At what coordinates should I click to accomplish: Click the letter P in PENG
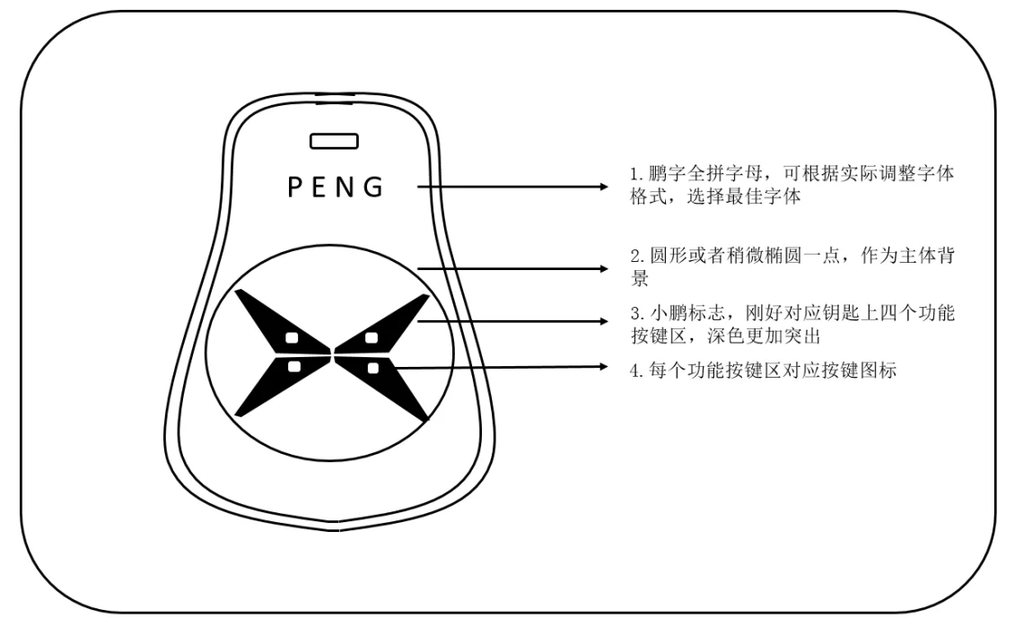tap(293, 187)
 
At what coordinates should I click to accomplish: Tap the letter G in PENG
tap(373, 187)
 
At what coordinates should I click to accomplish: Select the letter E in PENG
tap(318, 187)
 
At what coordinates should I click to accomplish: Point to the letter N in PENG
tap(345, 187)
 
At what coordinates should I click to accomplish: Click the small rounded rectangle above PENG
tap(335, 141)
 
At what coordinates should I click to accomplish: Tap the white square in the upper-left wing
tap(292, 338)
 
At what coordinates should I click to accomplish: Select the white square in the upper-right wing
tap(372, 338)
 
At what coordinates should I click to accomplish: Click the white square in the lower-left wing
tap(294, 367)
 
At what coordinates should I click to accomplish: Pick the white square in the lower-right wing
tap(373, 368)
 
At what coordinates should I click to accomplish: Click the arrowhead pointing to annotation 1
tap(604, 187)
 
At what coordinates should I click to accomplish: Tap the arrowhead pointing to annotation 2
tap(604, 268)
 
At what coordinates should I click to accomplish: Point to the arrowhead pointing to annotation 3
tap(604, 321)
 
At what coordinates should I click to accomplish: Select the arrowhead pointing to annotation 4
tap(604, 367)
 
